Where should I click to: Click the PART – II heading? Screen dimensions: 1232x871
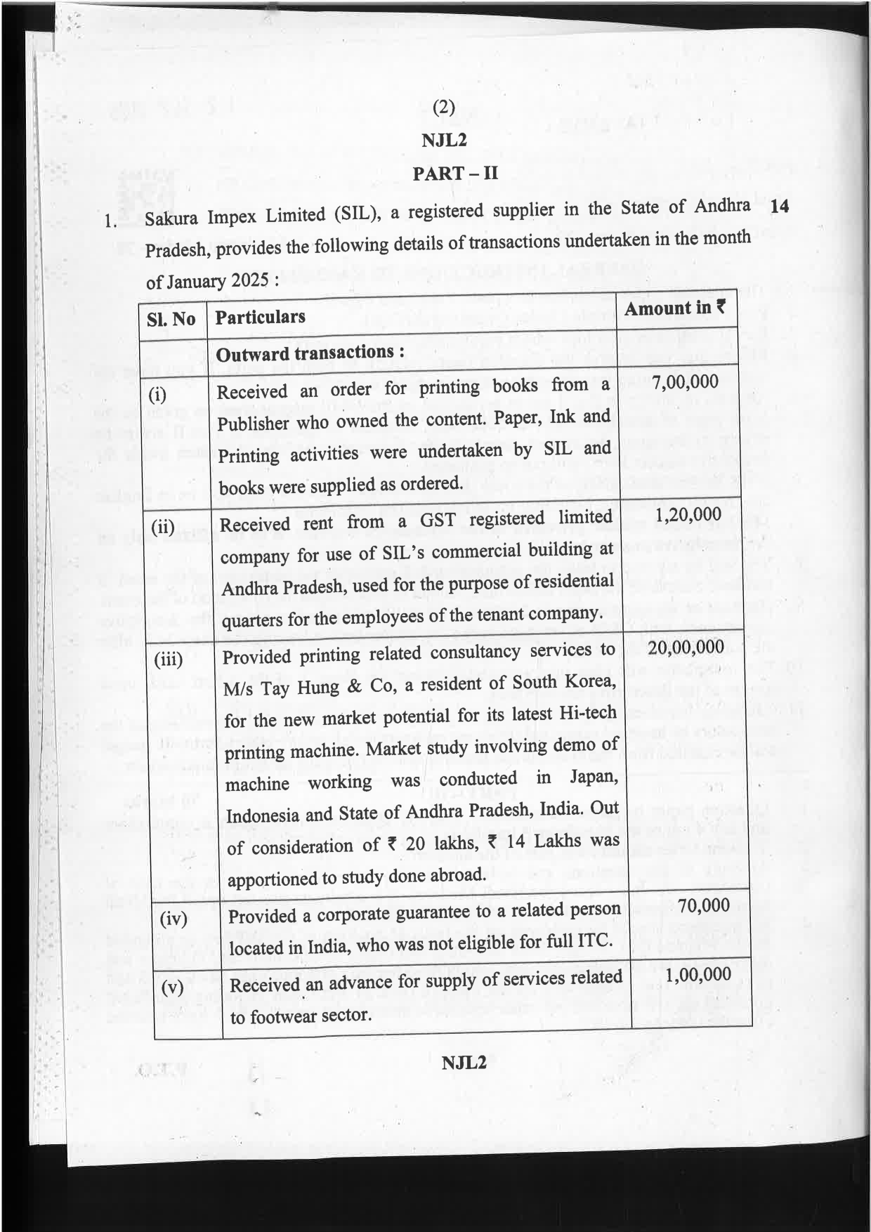click(x=454, y=173)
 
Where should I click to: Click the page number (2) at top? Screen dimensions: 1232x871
click(x=443, y=107)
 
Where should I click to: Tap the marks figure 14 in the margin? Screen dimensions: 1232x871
click(x=779, y=206)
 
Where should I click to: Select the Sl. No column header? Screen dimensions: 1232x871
click(x=171, y=319)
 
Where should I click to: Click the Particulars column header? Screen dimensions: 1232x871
click(x=260, y=317)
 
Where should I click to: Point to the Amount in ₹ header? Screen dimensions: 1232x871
click(x=675, y=308)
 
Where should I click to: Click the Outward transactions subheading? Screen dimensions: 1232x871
click(x=310, y=353)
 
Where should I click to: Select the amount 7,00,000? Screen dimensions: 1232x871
click(x=685, y=383)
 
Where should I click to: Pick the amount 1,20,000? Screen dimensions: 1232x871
click(x=688, y=515)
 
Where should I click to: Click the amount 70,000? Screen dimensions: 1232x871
click(x=704, y=905)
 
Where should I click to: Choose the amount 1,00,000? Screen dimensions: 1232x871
click(x=698, y=974)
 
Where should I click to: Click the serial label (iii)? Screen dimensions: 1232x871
click(x=169, y=659)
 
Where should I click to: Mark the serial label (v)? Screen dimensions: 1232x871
click(x=173, y=987)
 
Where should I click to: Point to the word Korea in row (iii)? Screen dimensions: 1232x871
click(x=588, y=681)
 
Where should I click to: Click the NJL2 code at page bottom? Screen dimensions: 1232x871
click(x=464, y=1062)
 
